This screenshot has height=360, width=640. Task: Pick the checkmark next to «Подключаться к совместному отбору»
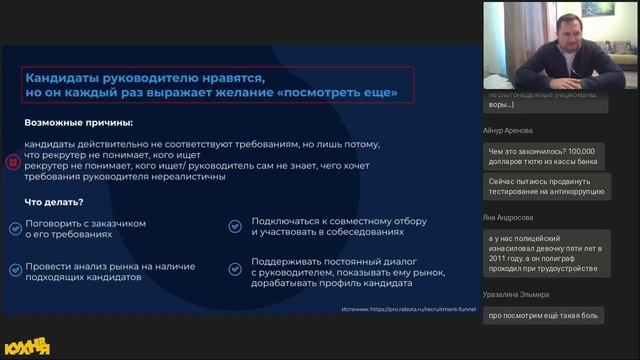click(234, 226)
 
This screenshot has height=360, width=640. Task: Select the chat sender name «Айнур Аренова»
click(506, 130)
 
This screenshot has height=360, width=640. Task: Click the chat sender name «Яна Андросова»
click(508, 216)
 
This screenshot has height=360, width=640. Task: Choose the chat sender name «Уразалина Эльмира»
click(515, 295)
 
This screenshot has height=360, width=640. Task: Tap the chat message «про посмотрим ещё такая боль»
click(543, 316)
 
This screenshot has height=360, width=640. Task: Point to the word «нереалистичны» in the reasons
click(186, 177)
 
